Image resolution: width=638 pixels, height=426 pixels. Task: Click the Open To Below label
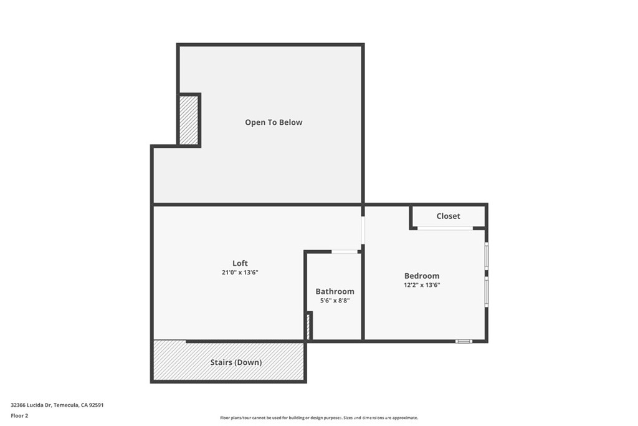(274, 122)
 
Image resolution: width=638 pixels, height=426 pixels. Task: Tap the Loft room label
(240, 263)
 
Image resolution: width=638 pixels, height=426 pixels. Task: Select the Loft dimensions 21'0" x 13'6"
(240, 273)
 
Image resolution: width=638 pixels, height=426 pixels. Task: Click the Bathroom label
(335, 291)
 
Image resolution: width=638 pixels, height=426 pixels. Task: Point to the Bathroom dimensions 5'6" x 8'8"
(335, 301)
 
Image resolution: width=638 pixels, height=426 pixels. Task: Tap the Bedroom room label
(422, 276)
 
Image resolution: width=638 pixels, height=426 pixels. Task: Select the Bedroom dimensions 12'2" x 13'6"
(422, 285)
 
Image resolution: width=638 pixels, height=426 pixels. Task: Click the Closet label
(449, 216)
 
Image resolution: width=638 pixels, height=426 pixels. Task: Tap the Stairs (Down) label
(236, 362)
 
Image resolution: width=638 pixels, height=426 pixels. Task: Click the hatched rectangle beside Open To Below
(189, 120)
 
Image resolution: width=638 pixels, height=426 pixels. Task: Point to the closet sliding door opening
(445, 228)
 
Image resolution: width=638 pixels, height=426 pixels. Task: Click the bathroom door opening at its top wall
(344, 252)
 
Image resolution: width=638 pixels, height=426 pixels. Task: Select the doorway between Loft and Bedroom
(363, 230)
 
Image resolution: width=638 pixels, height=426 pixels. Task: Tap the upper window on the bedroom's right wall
(487, 256)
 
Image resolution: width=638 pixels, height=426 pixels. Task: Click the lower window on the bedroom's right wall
(487, 292)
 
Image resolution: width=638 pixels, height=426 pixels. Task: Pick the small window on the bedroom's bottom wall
(464, 341)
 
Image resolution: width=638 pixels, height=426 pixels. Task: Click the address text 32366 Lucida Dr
(31, 405)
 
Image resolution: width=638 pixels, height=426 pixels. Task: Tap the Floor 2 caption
(19, 416)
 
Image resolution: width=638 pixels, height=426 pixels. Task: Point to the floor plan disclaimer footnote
(319, 417)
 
